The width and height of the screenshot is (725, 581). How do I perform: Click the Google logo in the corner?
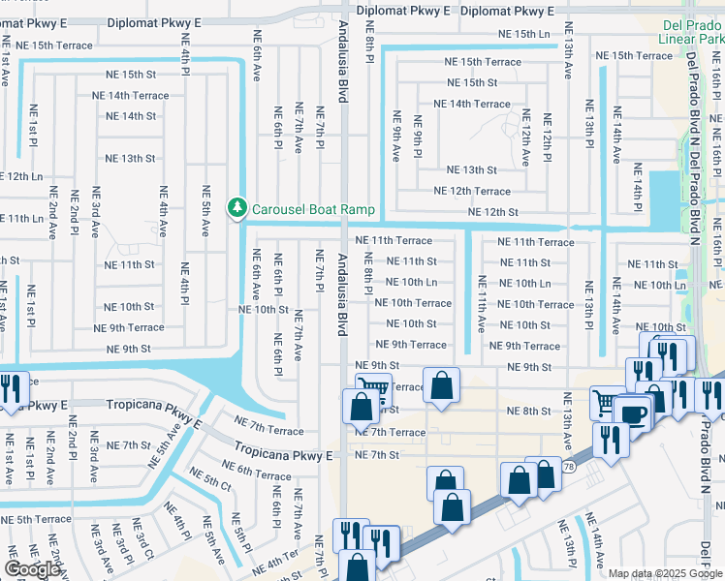click(x=32, y=569)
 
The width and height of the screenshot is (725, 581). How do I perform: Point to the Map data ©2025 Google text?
click(x=665, y=573)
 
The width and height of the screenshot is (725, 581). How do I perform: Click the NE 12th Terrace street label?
click(x=471, y=191)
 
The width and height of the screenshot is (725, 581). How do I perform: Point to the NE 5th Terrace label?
click(x=36, y=519)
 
